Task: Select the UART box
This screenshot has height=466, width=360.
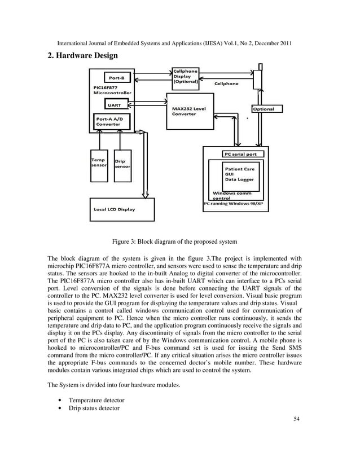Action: coord(115,105)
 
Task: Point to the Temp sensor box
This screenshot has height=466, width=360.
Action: coord(99,165)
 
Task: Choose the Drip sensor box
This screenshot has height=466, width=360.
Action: coord(122,165)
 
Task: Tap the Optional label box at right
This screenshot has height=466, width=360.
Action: coord(264,109)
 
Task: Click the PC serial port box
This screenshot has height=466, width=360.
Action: coord(240,153)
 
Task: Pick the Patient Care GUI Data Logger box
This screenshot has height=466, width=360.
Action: coord(240,174)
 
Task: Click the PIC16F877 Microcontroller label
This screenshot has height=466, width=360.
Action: coord(109,90)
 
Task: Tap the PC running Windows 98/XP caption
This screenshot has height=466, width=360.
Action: coord(233,203)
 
